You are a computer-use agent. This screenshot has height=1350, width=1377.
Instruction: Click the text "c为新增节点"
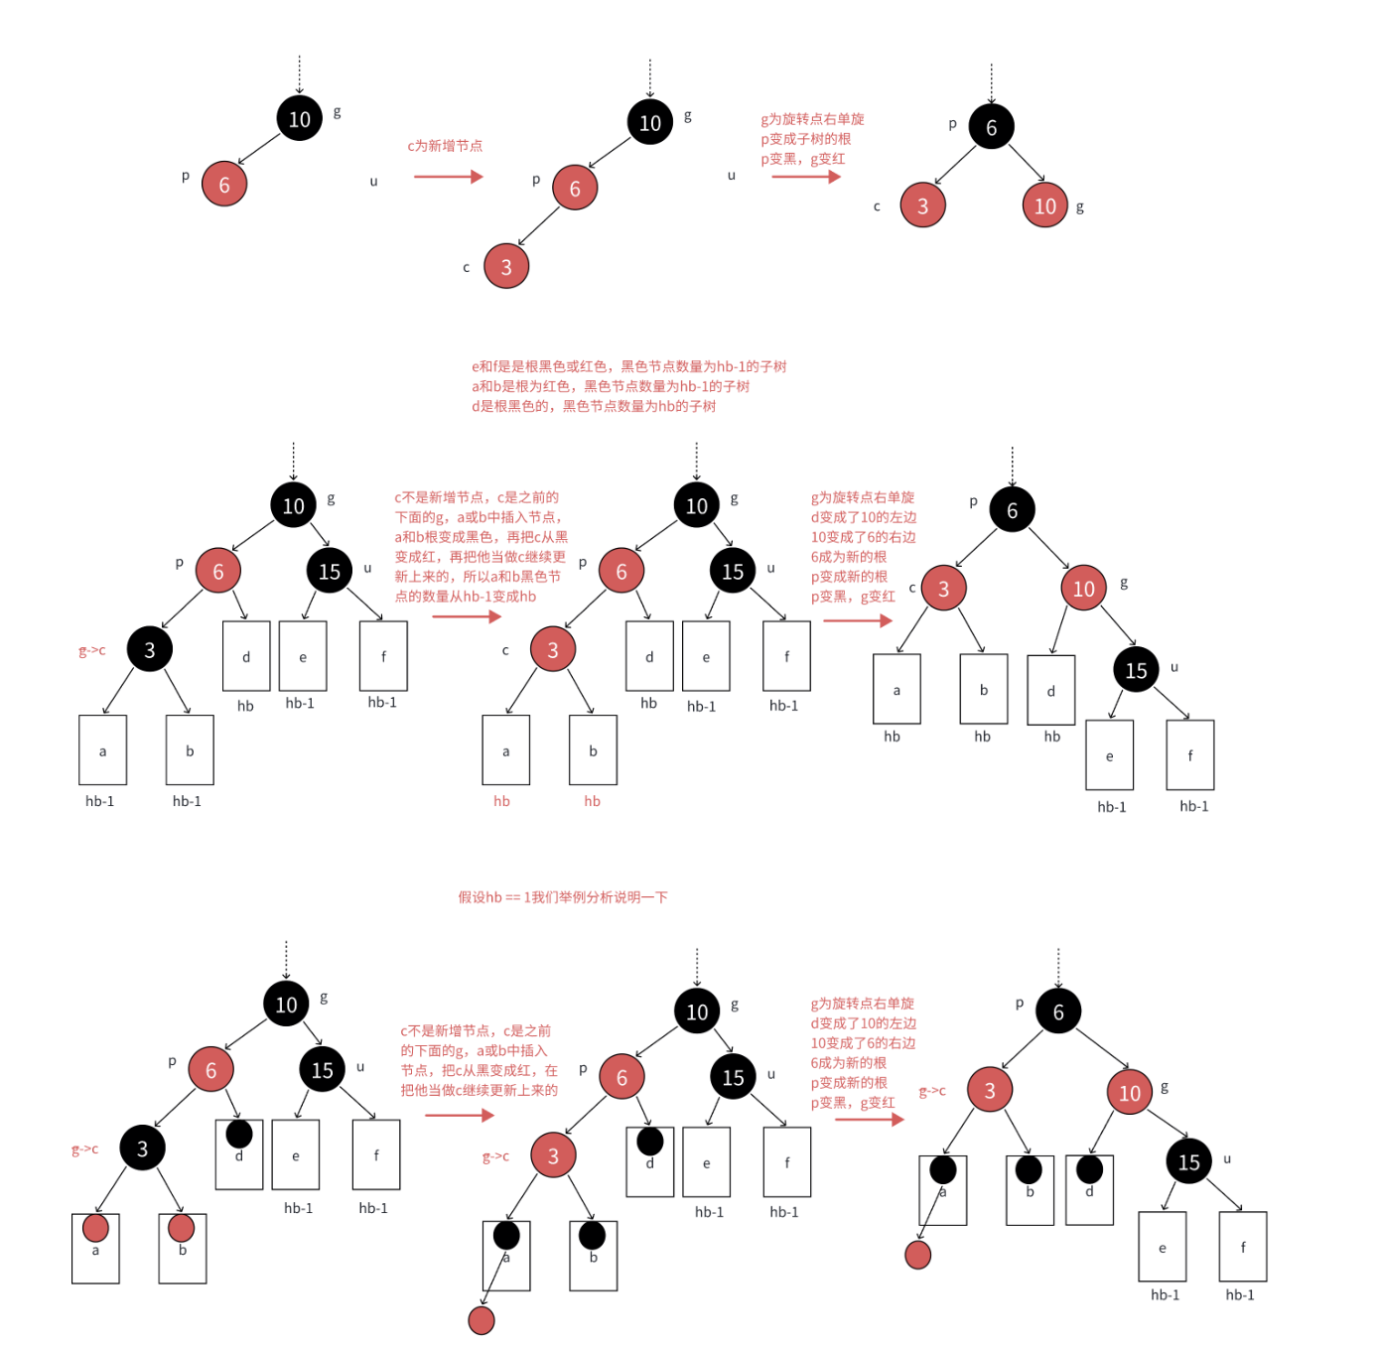coord(445,146)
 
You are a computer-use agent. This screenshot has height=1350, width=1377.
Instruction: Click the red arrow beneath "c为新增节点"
coord(449,177)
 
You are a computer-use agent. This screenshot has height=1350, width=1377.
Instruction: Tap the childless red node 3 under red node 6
coord(506,266)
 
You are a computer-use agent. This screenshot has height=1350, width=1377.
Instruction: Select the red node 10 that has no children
coord(1044,205)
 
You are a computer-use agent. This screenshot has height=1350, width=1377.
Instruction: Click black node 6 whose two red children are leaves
coord(991,126)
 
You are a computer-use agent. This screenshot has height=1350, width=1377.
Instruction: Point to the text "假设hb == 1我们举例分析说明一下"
coord(562,897)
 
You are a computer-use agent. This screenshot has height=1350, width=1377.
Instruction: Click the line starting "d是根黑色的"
coord(593,406)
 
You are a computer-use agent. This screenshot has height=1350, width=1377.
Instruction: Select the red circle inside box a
coord(95,1228)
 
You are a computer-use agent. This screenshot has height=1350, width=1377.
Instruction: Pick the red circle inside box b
coord(181,1228)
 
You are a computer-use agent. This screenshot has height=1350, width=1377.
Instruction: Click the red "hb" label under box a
coord(501,801)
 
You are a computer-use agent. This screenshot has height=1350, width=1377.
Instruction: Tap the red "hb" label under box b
coord(592,801)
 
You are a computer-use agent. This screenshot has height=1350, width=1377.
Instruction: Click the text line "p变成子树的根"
coord(805,139)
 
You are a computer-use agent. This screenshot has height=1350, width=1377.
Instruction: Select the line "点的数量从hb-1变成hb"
coord(466,596)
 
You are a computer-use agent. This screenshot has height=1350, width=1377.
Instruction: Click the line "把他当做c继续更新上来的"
coord(479,1090)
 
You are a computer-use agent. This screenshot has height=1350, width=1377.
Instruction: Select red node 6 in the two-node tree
coord(223,184)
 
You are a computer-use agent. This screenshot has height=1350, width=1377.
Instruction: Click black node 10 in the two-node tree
coord(300,118)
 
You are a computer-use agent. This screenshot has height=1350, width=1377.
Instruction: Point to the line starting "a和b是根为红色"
coord(611,386)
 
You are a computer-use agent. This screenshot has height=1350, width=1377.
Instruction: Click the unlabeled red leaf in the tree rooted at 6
coord(917,1255)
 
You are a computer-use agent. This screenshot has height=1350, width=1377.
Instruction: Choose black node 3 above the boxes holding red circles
coord(142,1147)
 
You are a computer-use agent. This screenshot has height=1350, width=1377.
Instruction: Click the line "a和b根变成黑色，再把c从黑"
coord(481,537)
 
